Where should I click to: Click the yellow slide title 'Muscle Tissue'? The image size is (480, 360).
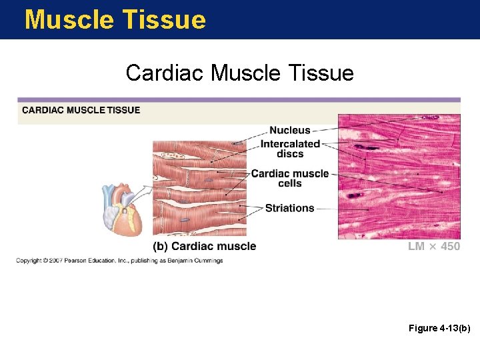tap(115, 19)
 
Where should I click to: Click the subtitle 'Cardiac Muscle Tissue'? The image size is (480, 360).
tap(239, 73)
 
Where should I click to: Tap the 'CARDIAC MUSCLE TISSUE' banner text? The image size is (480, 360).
tap(81, 110)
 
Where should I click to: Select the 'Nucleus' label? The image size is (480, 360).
tap(289, 130)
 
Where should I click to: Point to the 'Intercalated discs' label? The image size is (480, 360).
tap(290, 149)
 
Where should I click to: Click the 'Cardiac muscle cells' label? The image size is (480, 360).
tap(290, 178)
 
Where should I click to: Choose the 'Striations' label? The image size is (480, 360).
tap(289, 208)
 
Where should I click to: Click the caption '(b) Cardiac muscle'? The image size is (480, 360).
tap(204, 246)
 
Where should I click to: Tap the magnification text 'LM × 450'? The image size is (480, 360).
tap(434, 247)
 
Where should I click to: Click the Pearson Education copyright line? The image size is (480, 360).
tap(119, 261)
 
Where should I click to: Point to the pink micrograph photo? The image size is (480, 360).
tap(399, 177)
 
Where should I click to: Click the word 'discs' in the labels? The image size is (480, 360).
tap(290, 154)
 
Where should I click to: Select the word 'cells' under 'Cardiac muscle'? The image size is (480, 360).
tap(290, 183)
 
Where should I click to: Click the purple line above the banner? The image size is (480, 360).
tap(239, 100)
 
